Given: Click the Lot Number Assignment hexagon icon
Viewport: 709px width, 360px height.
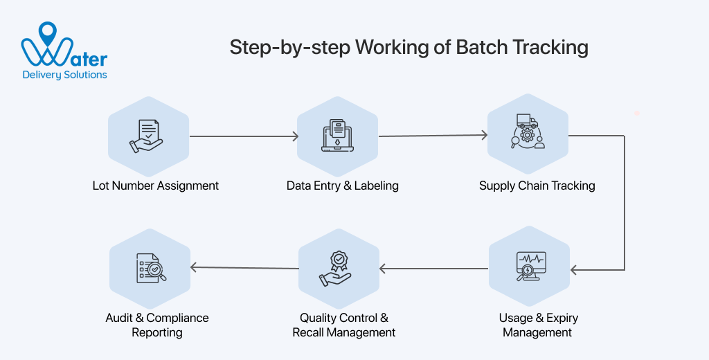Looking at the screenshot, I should tap(149, 136).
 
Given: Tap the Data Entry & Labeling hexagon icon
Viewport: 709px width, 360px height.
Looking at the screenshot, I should tap(337, 136).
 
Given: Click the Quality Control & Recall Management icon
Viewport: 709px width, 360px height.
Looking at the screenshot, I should tap(338, 268).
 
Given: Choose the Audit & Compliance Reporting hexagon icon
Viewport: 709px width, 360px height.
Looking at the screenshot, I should tap(150, 268).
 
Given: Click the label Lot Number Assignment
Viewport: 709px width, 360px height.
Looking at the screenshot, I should tap(156, 186).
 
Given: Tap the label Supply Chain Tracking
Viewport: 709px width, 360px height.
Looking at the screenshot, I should tap(537, 186).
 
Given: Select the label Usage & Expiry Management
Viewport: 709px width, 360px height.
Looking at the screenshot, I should tap(538, 325).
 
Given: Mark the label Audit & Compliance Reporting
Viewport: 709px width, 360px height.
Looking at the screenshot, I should tap(157, 325).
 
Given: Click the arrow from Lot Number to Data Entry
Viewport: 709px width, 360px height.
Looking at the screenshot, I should tap(244, 136).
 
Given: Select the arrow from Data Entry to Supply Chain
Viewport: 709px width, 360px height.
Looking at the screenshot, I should tap(433, 136).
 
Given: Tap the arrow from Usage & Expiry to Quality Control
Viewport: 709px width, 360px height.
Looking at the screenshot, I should tap(433, 268).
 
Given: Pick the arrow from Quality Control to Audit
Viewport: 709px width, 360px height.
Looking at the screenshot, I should tap(244, 267).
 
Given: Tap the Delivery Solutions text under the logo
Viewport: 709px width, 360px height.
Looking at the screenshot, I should tap(65, 75).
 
